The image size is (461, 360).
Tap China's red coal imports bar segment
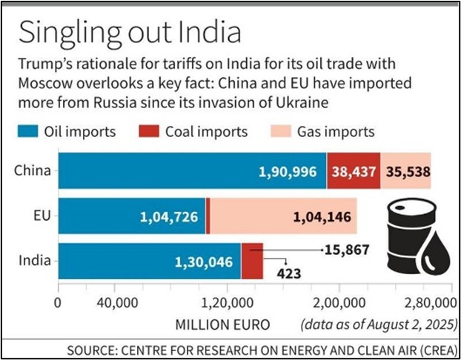[x=353, y=172]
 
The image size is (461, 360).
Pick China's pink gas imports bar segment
[x=405, y=172]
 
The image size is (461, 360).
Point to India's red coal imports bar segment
[x=252, y=256]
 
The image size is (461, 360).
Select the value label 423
[x=289, y=273]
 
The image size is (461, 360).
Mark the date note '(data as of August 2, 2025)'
[x=378, y=324]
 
